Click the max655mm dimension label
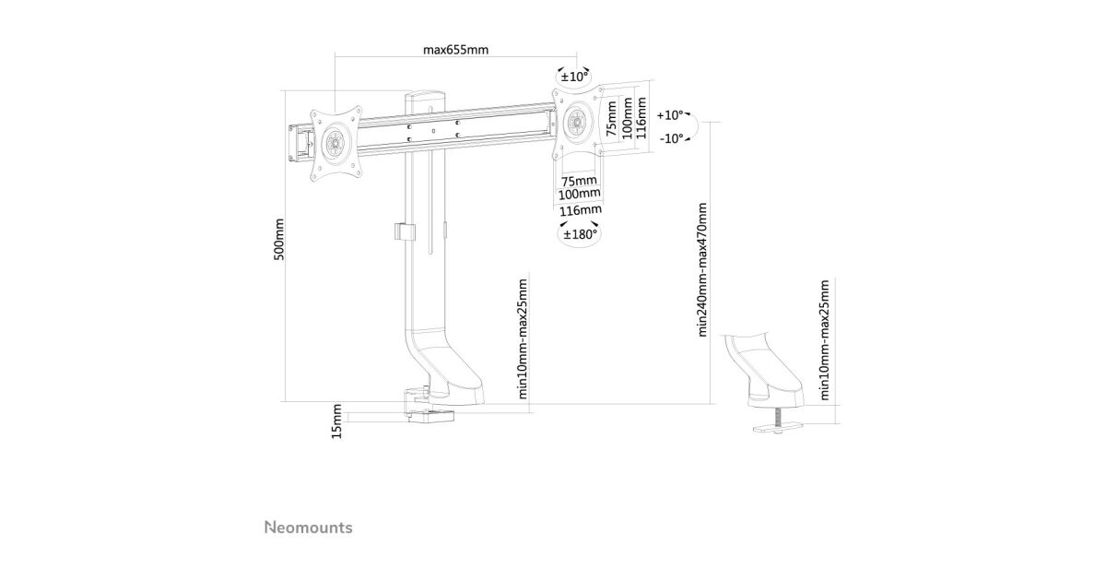click(455, 50)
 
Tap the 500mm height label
click(279, 240)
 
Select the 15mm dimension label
click(337, 421)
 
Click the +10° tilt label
click(671, 116)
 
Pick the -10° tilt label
click(671, 138)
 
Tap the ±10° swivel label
click(574, 77)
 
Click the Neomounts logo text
click(309, 528)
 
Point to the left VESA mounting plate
click(334, 143)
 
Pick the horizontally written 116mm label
click(579, 210)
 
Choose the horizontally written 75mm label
click(578, 180)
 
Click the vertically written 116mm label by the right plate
click(642, 121)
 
